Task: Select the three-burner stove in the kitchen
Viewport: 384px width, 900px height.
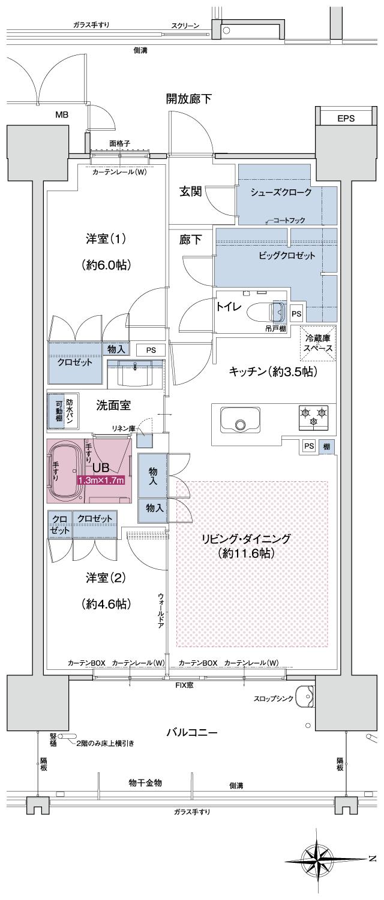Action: pyautogui.click(x=313, y=416)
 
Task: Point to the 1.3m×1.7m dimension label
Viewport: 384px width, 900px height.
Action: pyautogui.click(x=101, y=480)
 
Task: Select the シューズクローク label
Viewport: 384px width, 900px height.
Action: pyautogui.click(x=281, y=192)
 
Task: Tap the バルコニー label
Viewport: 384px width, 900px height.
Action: pyautogui.click(x=191, y=733)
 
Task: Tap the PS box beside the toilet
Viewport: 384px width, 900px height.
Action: pyautogui.click(x=296, y=313)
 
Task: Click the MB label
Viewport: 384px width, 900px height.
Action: pyautogui.click(x=62, y=114)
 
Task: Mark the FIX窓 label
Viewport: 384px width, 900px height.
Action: pyautogui.click(x=184, y=684)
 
